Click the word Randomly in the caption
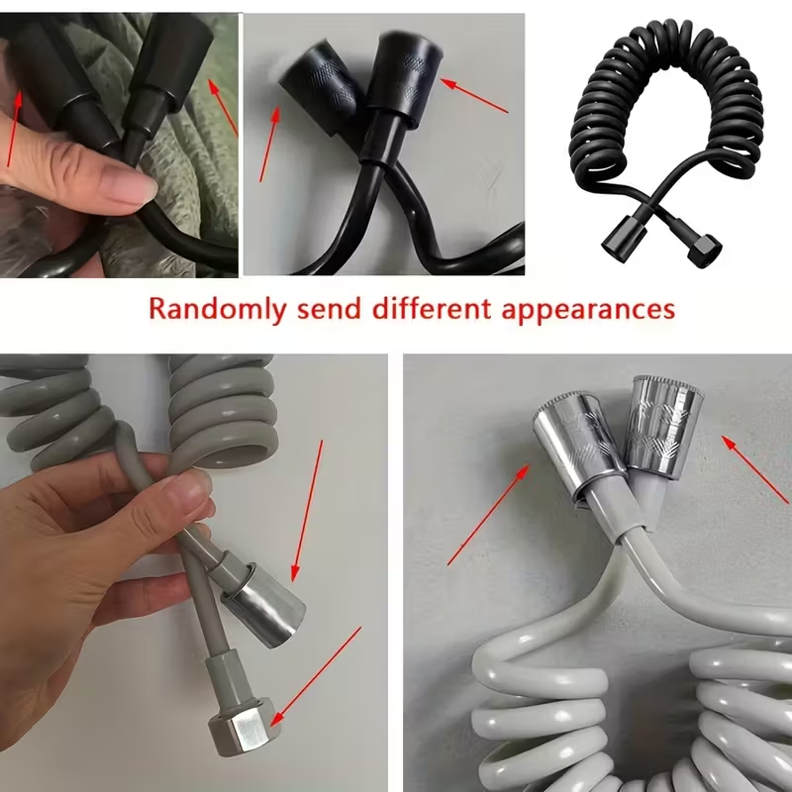pos(218,309)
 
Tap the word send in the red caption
pos(329,308)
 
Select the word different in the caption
pos(432,308)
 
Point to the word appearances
pos(588,310)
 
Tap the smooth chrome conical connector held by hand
pos(262,605)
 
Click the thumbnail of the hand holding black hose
pos(119,145)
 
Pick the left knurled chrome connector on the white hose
pos(580,439)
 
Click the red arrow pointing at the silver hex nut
pos(317,675)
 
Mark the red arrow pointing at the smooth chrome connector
pos(308,510)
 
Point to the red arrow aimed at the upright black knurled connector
pos(474,95)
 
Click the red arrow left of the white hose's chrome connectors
pos(488,515)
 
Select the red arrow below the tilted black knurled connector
pos(269,144)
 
